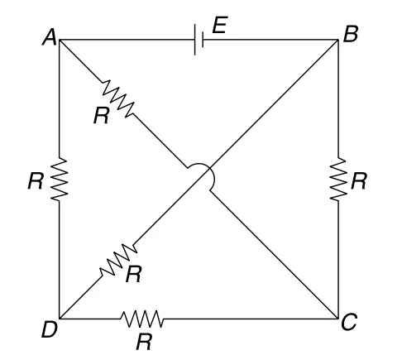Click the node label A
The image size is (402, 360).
click(x=50, y=37)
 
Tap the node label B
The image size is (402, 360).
click(x=351, y=34)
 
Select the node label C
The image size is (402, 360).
click(x=349, y=322)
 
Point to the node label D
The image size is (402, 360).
click(x=50, y=329)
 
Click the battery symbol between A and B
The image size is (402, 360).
click(x=199, y=40)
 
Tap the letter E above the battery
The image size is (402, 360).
click(x=220, y=25)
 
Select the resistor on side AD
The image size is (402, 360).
click(x=60, y=179)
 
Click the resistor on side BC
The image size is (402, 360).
click(x=338, y=179)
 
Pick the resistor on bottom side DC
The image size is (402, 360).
click(x=142, y=319)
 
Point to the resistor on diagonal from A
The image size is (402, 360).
click(x=118, y=98)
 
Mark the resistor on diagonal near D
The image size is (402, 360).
click(x=118, y=260)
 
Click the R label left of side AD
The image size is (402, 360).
click(x=36, y=181)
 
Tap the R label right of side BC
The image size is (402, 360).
click(x=359, y=181)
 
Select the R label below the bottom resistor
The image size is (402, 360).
click(x=144, y=342)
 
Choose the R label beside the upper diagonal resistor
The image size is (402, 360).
click(x=101, y=116)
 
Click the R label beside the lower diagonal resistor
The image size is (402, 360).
click(x=134, y=275)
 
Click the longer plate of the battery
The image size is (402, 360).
click(x=195, y=40)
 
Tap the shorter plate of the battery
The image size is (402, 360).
click(x=203, y=40)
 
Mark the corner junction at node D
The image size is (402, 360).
click(x=60, y=319)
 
